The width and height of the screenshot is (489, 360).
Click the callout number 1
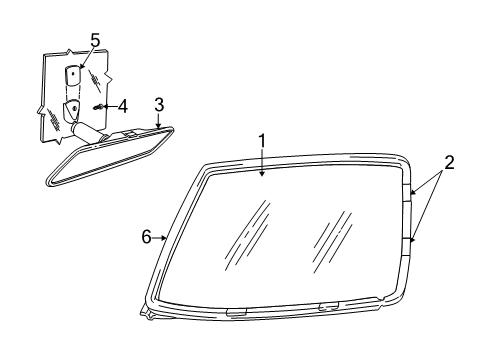point(262,141)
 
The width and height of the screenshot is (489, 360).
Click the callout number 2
point(449,161)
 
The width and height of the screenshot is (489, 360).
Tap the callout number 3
point(158,105)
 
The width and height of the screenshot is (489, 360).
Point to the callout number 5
point(95,40)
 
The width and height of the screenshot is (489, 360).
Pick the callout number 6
point(146,237)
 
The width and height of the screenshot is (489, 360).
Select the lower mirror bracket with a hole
point(75,110)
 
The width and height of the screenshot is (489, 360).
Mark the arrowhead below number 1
point(262,175)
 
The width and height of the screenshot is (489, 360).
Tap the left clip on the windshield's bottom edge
point(236,312)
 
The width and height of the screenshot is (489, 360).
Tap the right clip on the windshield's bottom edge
point(328,305)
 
